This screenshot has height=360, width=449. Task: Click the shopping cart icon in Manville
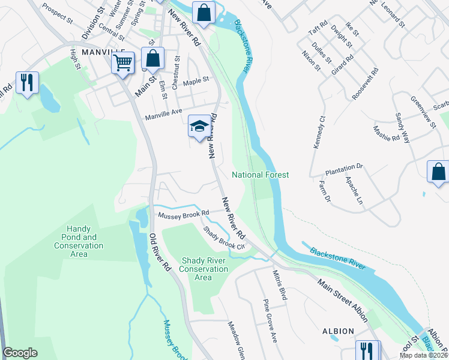click(x=123, y=62)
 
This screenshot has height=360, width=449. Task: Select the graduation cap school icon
click(x=199, y=127)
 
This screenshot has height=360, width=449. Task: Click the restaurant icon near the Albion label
click(x=367, y=352)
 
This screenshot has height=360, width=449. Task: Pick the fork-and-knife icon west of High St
click(x=26, y=84)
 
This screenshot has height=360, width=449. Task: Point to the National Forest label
click(x=261, y=175)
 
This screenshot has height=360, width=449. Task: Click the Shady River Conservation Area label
click(x=203, y=269)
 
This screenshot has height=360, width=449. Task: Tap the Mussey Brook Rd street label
click(x=183, y=213)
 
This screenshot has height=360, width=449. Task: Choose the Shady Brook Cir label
click(x=224, y=238)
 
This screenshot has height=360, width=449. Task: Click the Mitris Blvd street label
click(x=280, y=284)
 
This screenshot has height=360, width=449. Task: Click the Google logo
click(x=20, y=353)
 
